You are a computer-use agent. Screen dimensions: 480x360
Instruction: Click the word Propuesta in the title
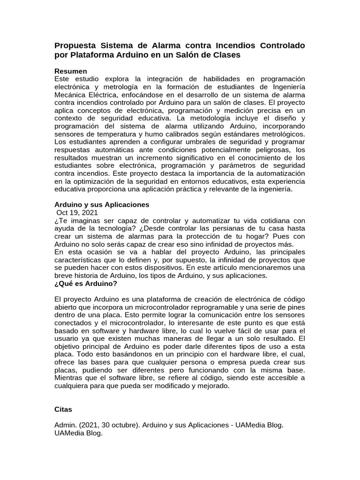coord(75,45)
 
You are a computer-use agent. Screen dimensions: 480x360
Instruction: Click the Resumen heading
coord(71,71)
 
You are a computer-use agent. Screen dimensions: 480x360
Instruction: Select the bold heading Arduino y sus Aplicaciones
coord(102,205)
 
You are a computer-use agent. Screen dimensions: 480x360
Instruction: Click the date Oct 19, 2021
coord(77,213)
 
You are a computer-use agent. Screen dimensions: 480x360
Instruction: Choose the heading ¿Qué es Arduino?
coord(86,284)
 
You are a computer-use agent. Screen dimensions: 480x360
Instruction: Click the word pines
coord(295,307)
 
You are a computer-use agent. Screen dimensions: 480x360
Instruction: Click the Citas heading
coord(63,409)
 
